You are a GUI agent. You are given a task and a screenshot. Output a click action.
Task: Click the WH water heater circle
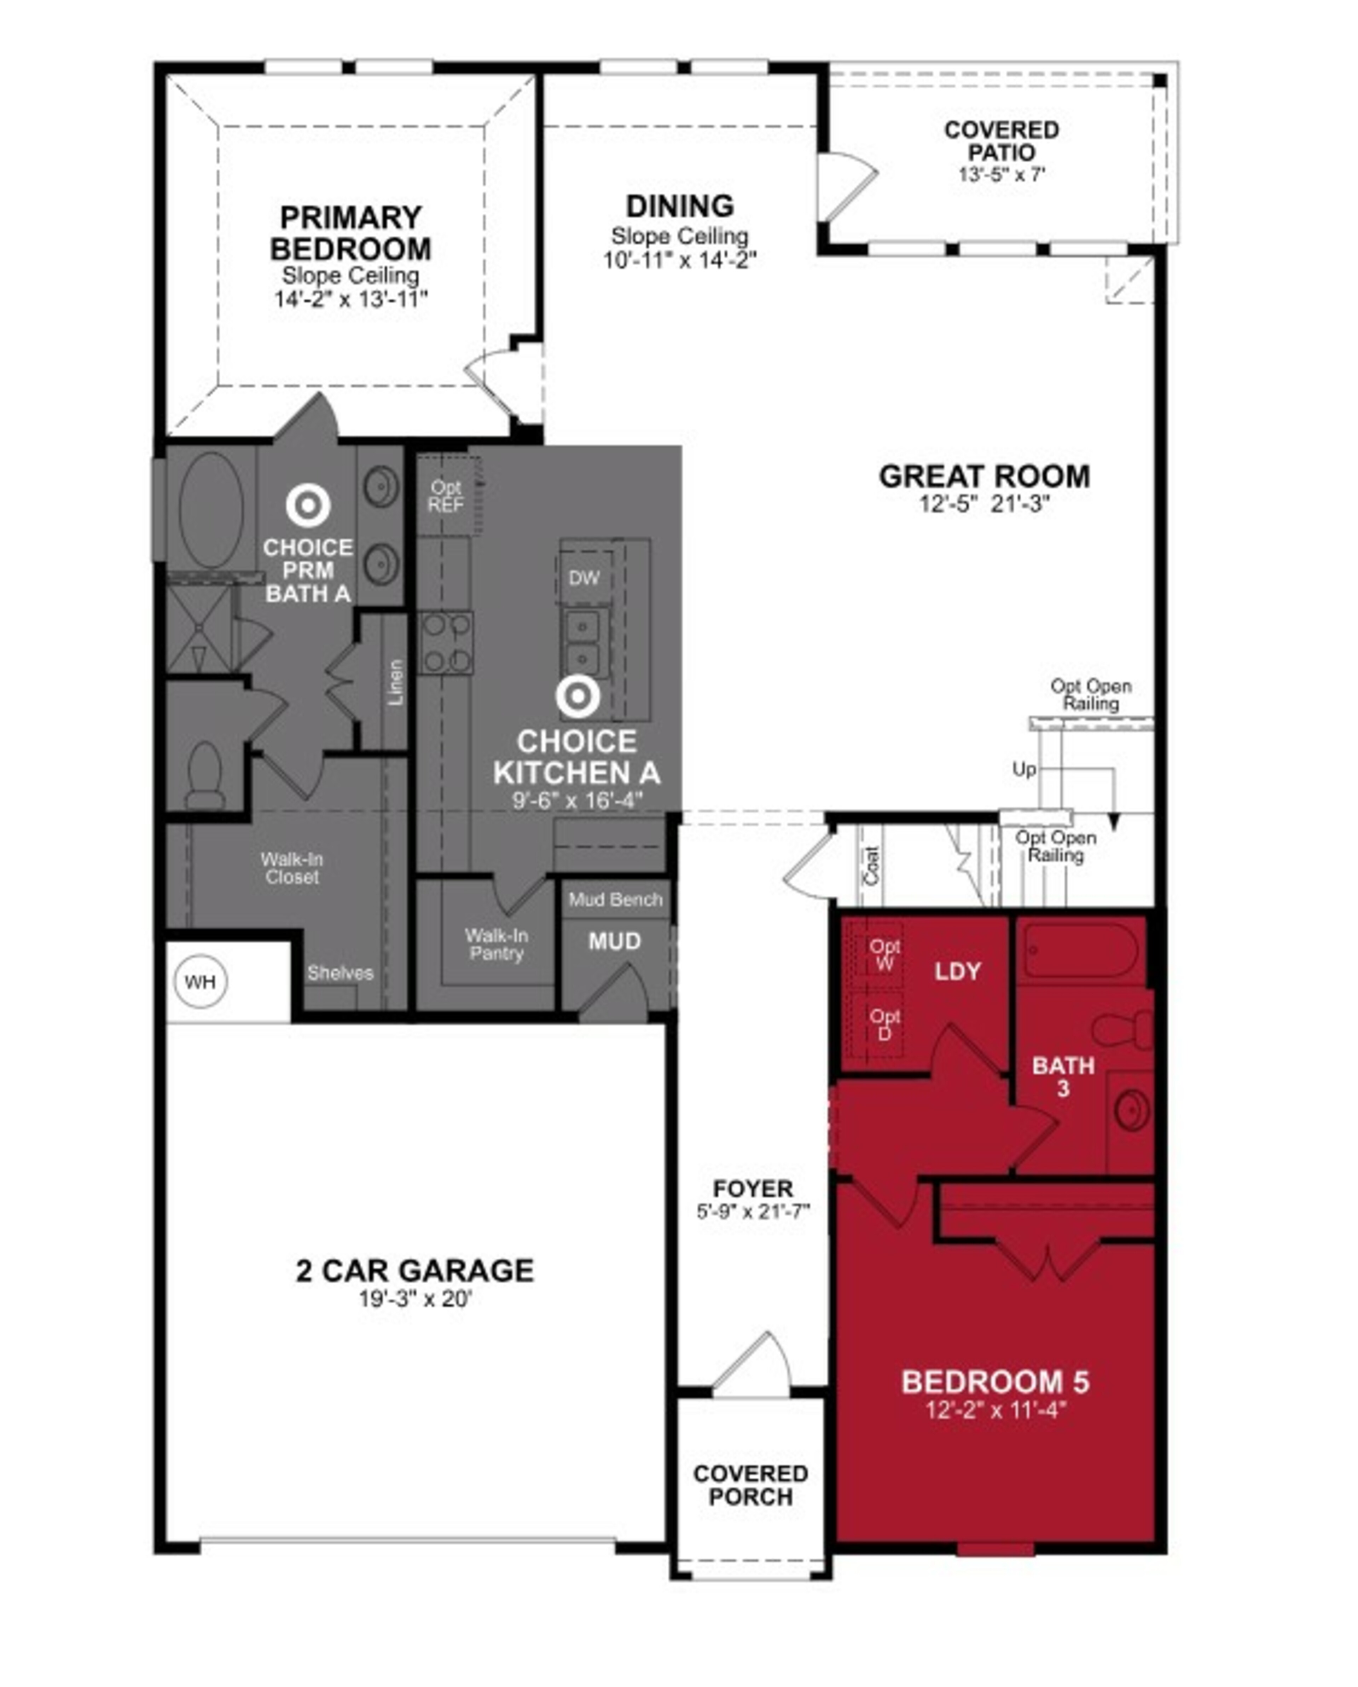[200, 981]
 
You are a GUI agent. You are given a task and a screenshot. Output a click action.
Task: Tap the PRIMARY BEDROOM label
[350, 233]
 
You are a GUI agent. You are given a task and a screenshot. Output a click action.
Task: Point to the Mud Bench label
[615, 899]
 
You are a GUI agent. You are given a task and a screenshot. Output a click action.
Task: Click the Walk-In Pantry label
[496, 944]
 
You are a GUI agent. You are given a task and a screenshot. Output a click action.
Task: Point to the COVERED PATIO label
[1001, 141]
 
